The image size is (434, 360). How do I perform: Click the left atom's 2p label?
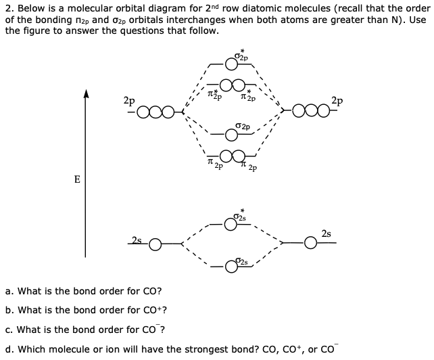[x=128, y=100]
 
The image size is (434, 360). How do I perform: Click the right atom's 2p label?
[x=337, y=101]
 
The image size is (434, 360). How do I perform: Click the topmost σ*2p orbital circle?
[x=232, y=64]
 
